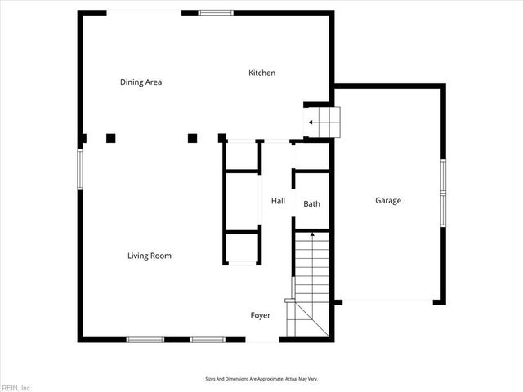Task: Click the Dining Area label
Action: point(141,82)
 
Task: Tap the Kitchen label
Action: point(261,73)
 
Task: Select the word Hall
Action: point(278,201)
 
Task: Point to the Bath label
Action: point(311,203)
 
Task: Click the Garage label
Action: point(388,200)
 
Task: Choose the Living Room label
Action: point(149,256)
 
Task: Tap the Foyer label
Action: point(260,315)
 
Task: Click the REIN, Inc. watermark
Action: point(16,387)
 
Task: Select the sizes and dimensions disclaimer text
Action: point(261,379)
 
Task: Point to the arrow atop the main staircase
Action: point(311,235)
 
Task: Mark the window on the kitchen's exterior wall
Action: point(216,12)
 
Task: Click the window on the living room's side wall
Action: point(80,168)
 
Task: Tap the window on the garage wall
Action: point(443,192)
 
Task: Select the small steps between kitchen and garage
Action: point(323,122)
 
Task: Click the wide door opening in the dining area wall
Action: point(144,11)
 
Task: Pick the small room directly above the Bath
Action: point(311,156)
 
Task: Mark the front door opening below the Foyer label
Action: point(262,339)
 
